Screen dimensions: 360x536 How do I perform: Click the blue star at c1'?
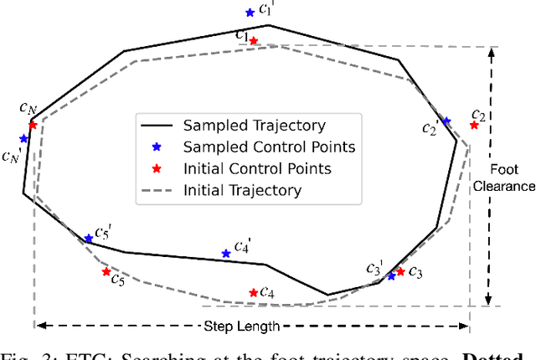coord(250,13)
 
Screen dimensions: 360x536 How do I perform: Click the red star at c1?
coord(254,39)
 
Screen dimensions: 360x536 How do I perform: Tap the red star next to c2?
coord(474,125)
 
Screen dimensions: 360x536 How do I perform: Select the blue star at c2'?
coord(446,121)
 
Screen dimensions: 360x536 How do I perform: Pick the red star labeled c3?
coord(400,271)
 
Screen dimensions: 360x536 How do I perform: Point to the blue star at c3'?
coord(391,275)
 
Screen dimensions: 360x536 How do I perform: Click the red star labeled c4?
coord(254,292)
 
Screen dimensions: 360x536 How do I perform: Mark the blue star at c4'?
coord(224,253)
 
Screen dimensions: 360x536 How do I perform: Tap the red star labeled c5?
coord(106,271)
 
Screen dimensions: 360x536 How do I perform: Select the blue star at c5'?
coord(89,239)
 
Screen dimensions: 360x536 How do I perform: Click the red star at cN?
coord(33,125)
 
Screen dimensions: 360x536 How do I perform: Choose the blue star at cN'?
coord(23,139)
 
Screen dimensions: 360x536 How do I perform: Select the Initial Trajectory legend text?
coord(242,190)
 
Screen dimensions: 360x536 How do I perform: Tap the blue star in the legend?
coord(157,147)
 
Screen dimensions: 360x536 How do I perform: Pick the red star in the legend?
coord(157,169)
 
